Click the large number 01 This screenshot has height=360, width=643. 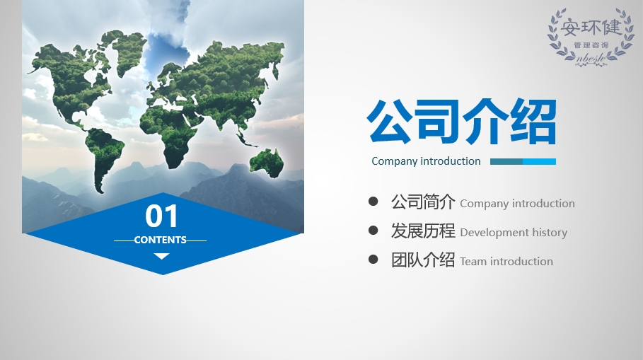point(161,216)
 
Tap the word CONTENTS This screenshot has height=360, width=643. point(161,240)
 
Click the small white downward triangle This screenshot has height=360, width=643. point(161,256)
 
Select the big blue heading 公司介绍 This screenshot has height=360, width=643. point(462,122)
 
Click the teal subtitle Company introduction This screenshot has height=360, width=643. point(426,161)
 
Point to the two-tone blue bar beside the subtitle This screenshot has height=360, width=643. point(523,161)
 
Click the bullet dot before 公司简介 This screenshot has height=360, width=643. point(373,202)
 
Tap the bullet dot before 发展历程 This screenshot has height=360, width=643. point(373,230)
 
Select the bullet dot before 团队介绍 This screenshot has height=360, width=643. point(373,259)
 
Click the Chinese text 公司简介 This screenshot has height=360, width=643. point(423,202)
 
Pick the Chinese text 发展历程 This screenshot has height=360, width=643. point(423,231)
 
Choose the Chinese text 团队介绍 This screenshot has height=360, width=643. point(423,260)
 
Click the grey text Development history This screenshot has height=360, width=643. point(514,233)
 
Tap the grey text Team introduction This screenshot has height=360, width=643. point(506,261)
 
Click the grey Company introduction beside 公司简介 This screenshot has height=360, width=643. point(517,204)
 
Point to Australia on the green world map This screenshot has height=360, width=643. point(267,163)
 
